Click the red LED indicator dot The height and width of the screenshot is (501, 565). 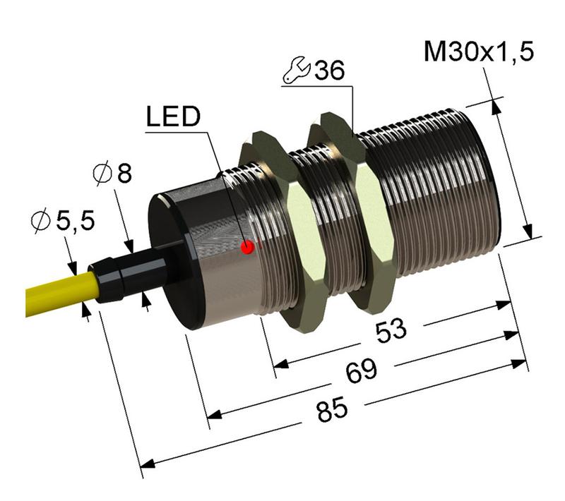click(x=247, y=247)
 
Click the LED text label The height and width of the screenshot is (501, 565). click(x=174, y=118)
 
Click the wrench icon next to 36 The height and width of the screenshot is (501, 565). click(x=295, y=70)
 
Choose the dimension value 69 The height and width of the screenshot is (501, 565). click(x=362, y=372)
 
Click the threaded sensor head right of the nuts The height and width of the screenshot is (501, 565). click(x=438, y=191)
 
